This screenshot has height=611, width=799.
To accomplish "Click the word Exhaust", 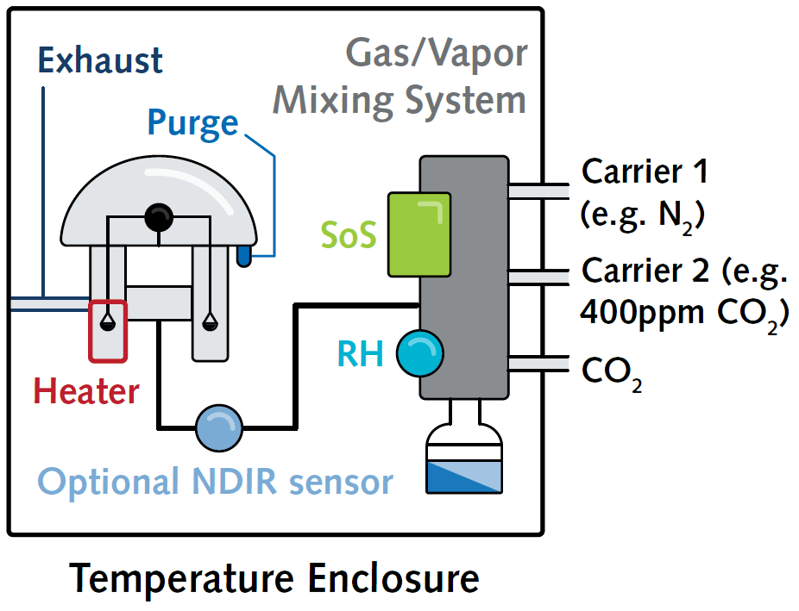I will coord(100,61).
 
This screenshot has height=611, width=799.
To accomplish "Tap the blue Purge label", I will coord(192,122).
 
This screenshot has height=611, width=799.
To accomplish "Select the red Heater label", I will coord(86,392).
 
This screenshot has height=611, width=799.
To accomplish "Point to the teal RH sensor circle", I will coord(419,353).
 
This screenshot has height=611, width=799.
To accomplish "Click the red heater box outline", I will coord(108,330).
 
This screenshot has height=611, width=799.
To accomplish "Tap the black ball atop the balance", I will coord(159,218).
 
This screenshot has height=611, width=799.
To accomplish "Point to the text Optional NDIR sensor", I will coord(216,482).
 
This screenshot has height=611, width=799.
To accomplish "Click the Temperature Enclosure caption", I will coord(274,577).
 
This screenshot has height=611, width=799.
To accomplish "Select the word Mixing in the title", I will coord(332,100).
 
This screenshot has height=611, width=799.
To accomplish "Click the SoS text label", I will coord(349,235).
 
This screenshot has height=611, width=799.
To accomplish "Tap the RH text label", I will coord(361,354).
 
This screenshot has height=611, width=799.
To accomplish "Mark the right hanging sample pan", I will coord(209,323).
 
